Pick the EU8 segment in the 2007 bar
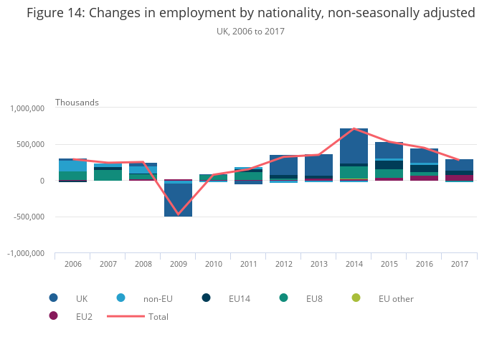click(x=108, y=175)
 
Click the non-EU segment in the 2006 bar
click(x=72, y=166)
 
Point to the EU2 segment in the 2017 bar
click(x=459, y=177)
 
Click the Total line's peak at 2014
click(x=354, y=128)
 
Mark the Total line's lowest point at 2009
click(x=178, y=214)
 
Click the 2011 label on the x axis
click(x=248, y=264)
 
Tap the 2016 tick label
click(x=424, y=264)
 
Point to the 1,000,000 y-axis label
click(x=27, y=108)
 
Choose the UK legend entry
click(x=81, y=298)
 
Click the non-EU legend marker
click(x=120, y=298)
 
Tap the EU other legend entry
click(x=395, y=298)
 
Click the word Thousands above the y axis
click(x=77, y=102)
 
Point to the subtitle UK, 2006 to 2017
click(x=250, y=32)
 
